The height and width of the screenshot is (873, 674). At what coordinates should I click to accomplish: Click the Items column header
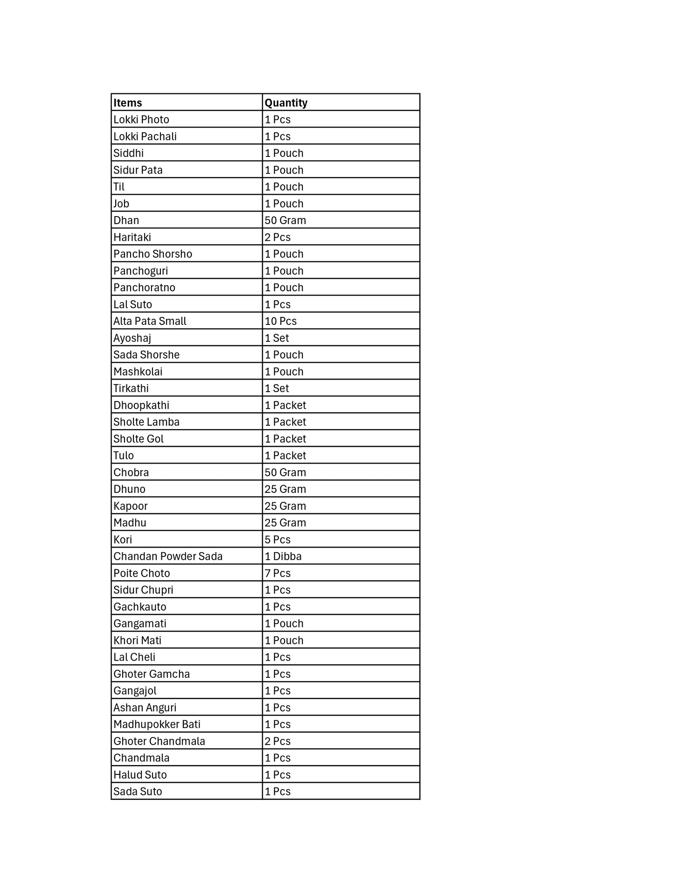[128, 103]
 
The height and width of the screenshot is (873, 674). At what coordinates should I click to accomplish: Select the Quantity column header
[286, 103]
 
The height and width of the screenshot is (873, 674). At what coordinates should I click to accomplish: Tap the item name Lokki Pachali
[145, 136]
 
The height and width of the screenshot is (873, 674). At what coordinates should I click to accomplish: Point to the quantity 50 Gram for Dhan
[285, 220]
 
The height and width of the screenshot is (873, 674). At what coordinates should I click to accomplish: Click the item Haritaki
[132, 237]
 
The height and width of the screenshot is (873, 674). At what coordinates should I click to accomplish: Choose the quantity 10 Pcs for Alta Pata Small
[281, 321]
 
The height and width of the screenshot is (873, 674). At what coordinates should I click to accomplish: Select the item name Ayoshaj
[132, 338]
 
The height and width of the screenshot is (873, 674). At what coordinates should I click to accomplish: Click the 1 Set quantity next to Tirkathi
[277, 388]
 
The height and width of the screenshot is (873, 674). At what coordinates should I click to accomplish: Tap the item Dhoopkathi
[141, 405]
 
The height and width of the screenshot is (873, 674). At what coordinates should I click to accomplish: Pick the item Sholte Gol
[139, 439]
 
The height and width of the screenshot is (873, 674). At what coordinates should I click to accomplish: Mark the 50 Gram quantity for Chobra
[285, 472]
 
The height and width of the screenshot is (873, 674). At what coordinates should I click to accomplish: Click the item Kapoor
[131, 506]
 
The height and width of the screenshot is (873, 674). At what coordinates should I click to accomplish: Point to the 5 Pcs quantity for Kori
[278, 540]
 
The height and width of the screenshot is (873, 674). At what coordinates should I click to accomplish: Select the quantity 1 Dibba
[283, 556]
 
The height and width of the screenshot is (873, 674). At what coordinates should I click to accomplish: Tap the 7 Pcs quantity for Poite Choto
[278, 573]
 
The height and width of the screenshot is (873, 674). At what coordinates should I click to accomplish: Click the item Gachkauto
[140, 607]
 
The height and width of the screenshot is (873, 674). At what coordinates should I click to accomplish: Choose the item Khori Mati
[138, 641]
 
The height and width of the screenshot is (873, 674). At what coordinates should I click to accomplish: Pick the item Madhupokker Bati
[157, 725]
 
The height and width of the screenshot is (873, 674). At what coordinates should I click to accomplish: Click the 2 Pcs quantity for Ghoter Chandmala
[278, 741]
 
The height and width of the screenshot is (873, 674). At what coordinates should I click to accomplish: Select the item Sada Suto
[138, 792]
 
